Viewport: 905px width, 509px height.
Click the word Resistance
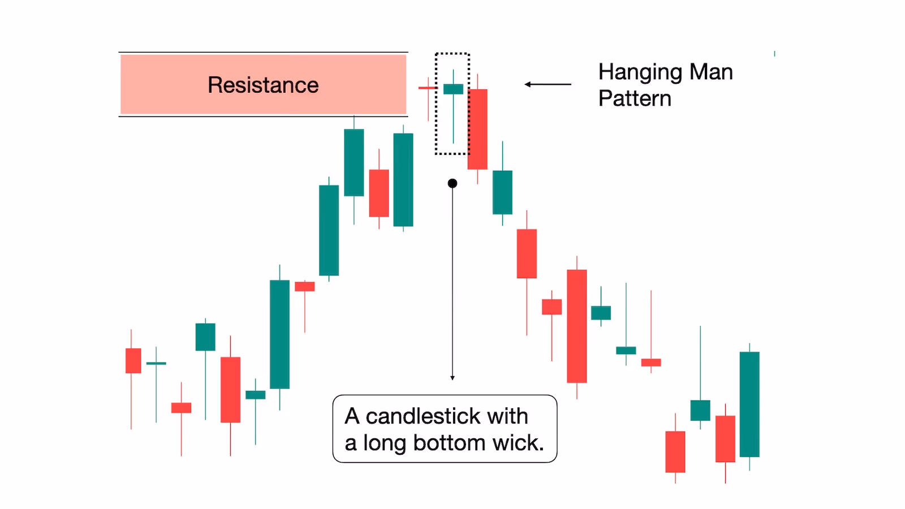[263, 85]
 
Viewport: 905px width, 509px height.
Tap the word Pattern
[635, 99]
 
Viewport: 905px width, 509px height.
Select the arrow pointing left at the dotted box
[547, 85]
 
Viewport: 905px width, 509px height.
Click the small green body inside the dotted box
[453, 89]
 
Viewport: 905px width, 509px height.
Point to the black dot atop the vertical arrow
[453, 183]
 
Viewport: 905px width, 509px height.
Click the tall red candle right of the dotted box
[477, 129]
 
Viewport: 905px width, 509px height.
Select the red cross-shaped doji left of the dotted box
[428, 88]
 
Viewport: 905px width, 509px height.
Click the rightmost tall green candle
[749, 404]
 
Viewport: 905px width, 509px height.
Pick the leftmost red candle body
[133, 361]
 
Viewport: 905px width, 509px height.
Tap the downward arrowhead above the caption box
[453, 378]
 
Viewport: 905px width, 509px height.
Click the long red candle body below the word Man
[577, 326]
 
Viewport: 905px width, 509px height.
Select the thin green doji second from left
[156, 363]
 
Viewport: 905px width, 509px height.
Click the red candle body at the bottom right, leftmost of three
[675, 451]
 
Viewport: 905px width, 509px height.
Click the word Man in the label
[711, 72]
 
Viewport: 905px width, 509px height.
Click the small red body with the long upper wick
[651, 363]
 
